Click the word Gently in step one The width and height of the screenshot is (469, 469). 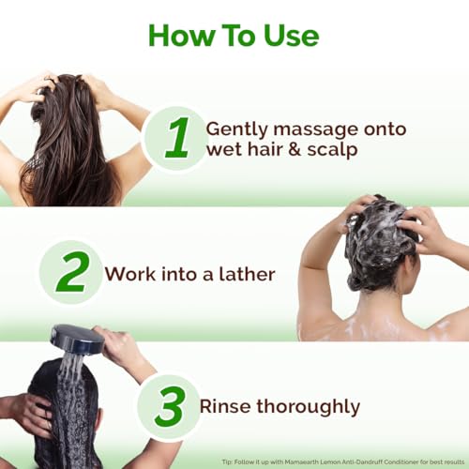(x=235, y=129)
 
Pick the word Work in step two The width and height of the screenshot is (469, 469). (x=129, y=274)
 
